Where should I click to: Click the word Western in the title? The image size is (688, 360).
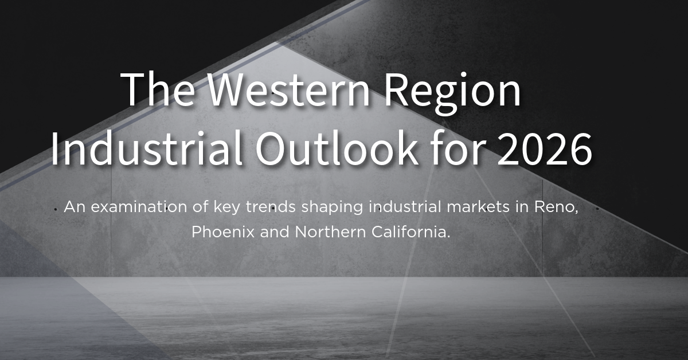tap(275, 91)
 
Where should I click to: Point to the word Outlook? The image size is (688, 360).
tap(337, 148)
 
